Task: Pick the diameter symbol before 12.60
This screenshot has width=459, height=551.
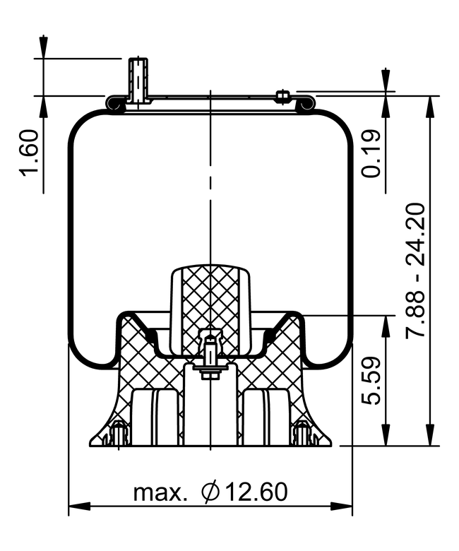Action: coord(210,491)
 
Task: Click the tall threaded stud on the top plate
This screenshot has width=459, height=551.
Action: coord(138,80)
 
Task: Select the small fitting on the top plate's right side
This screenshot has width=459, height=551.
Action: coord(283,95)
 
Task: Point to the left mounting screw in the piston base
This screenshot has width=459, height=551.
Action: coord(119,432)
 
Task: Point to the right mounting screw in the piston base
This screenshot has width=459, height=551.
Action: coord(302,432)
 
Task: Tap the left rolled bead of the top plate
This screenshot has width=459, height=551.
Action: coord(114,105)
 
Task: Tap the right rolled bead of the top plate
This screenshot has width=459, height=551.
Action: coord(305,105)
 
